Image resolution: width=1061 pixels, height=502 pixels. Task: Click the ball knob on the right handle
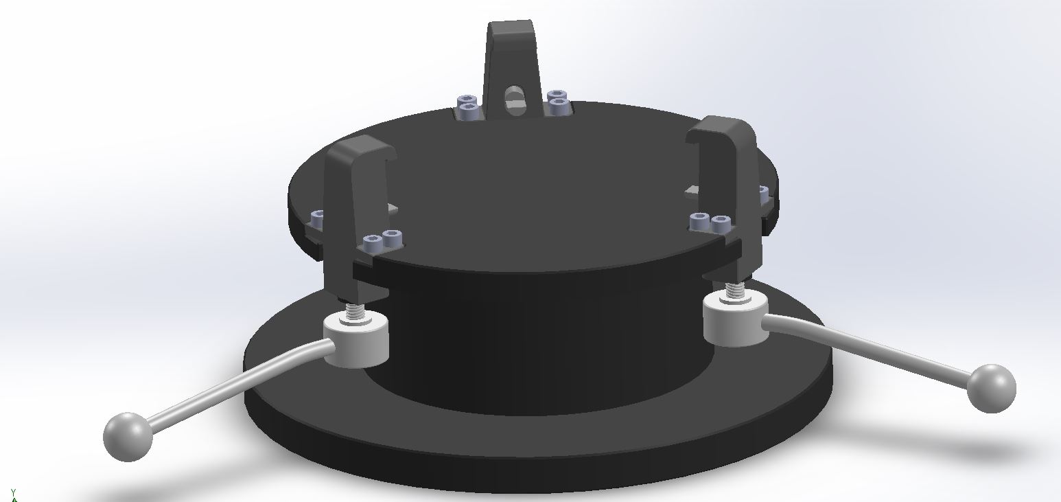pos(991,388)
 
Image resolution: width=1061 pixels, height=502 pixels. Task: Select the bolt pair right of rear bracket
pos(557,102)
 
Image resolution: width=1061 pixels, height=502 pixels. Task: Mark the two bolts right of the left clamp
pos(383,240)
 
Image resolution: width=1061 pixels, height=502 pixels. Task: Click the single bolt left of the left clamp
pos(318,218)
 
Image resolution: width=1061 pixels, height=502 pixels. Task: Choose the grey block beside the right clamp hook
pos(692,189)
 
